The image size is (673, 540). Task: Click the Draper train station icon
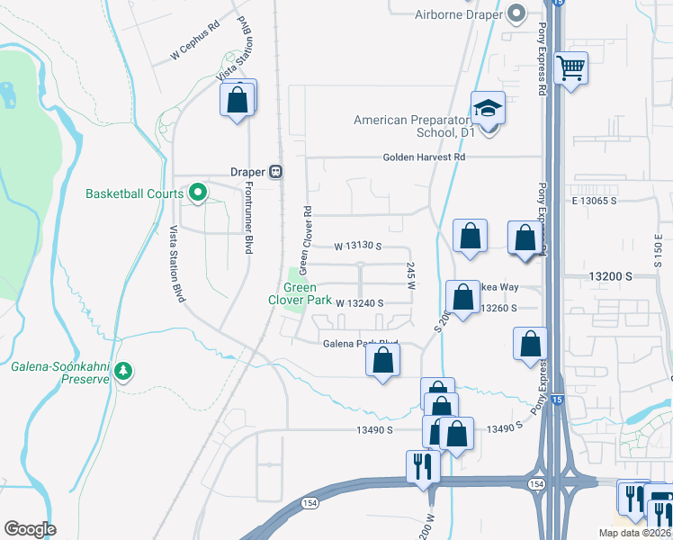276,171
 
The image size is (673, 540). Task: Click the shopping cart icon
571,67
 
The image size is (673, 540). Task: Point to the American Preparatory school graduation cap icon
488,109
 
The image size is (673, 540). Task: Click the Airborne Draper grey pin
516,13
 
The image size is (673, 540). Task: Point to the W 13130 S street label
358,246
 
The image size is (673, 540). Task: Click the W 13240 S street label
360,303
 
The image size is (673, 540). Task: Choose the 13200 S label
614,279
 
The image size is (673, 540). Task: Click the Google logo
30,528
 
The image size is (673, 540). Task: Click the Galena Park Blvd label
361,344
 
